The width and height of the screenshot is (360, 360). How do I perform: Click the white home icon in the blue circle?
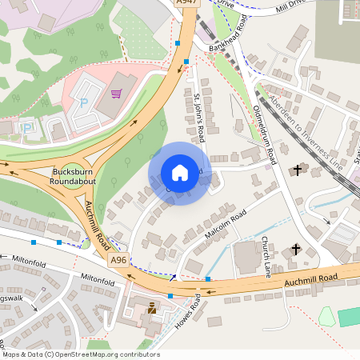tap(180, 173)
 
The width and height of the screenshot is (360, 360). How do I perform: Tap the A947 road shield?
tap(186, 3)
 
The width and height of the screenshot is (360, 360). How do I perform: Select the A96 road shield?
tap(118, 260)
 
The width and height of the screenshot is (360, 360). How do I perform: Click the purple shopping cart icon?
tap(117, 94)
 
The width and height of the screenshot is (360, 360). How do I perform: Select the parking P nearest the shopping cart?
tap(83, 103)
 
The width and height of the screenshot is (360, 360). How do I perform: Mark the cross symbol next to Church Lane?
tap(296, 250)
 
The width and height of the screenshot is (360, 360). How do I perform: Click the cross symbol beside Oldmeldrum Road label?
tap(298, 170)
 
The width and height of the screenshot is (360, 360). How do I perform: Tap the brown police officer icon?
tap(152, 308)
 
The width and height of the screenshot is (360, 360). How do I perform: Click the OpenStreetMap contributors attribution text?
tap(80, 354)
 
